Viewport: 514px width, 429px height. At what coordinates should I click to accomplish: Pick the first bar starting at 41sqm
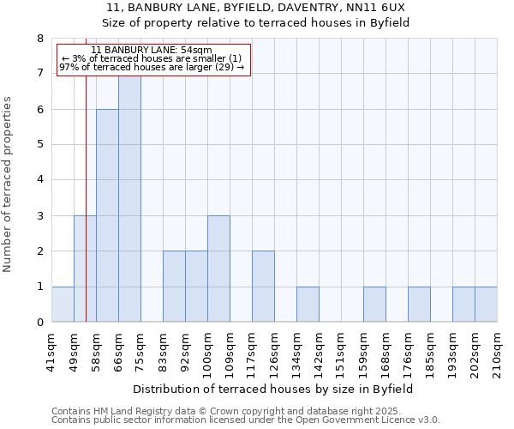point(63,305)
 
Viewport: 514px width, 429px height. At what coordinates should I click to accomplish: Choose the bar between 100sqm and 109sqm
point(218,269)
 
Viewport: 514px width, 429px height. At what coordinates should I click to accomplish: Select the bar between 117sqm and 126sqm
point(263,287)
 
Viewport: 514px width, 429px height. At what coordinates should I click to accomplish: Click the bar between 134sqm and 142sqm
point(308,305)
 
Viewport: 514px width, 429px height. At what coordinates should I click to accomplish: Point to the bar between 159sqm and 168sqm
point(374,305)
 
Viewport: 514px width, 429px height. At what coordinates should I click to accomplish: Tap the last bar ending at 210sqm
point(486,305)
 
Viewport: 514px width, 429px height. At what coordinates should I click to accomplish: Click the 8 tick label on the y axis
point(39,39)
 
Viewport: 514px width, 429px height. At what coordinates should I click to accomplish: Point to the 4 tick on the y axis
point(39,180)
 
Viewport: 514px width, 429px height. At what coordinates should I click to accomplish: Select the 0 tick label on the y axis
point(39,323)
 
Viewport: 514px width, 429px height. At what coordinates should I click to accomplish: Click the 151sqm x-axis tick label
point(341,351)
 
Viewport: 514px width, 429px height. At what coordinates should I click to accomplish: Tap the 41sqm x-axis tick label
point(51,351)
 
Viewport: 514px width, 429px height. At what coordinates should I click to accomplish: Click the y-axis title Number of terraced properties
point(9,184)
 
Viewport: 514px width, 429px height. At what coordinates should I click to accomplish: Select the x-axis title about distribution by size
point(273,389)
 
